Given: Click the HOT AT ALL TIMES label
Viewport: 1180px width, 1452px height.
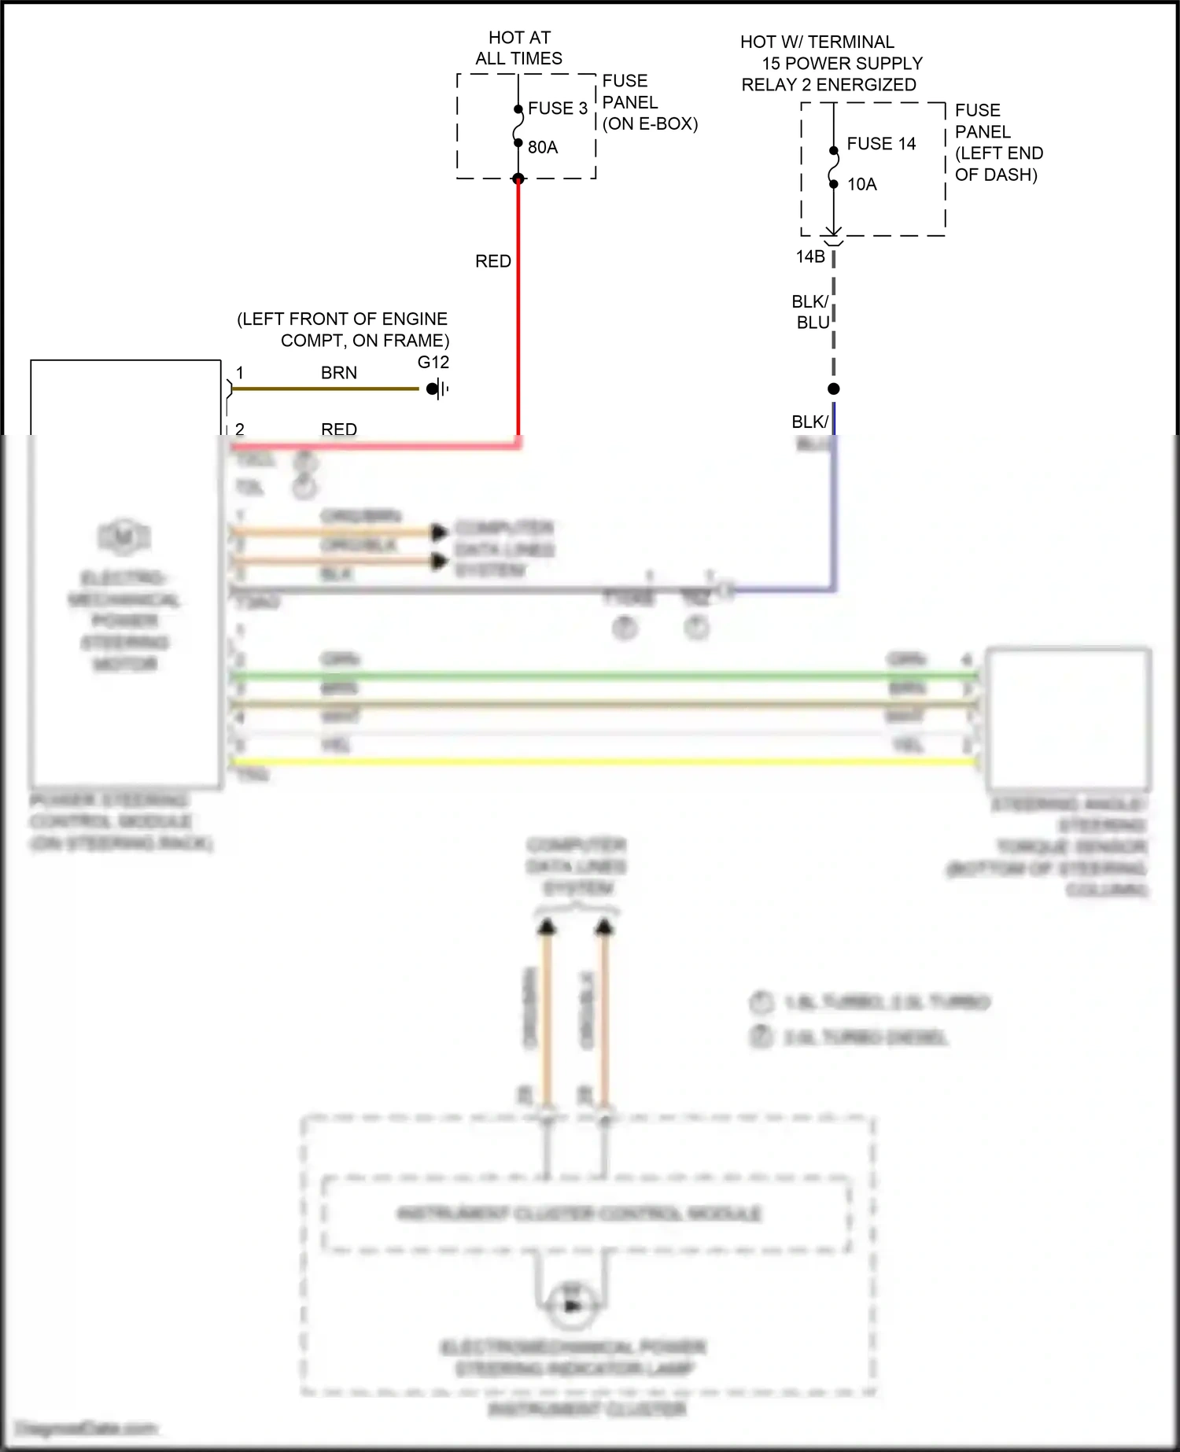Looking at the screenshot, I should (x=518, y=48).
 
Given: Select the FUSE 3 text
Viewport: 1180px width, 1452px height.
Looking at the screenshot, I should (x=557, y=109).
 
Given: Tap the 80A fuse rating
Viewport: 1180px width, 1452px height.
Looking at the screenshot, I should (x=543, y=147).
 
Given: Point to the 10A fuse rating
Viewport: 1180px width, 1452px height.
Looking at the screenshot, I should (x=861, y=184).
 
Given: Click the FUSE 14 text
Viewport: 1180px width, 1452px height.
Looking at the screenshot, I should (x=881, y=144).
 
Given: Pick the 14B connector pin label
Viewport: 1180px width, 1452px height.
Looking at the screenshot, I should (x=810, y=256).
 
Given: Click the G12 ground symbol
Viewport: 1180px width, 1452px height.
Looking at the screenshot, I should (x=437, y=389).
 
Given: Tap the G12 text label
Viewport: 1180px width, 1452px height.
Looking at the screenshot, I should (x=433, y=363).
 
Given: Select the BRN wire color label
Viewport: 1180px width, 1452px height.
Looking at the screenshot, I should (x=339, y=373).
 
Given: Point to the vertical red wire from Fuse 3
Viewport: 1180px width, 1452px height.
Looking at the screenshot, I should (x=518, y=315).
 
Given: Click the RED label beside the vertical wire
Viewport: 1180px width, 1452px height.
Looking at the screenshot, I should (x=493, y=261).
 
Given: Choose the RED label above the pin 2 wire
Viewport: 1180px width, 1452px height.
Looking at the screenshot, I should (x=339, y=429).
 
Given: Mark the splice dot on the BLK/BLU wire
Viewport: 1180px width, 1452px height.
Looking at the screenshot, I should (x=834, y=389).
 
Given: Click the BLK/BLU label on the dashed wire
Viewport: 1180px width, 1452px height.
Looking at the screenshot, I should (x=811, y=312).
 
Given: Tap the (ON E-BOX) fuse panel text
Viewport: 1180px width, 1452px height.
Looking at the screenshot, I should (x=650, y=123).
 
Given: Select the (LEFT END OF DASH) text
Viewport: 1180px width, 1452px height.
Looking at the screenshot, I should (x=998, y=164).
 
